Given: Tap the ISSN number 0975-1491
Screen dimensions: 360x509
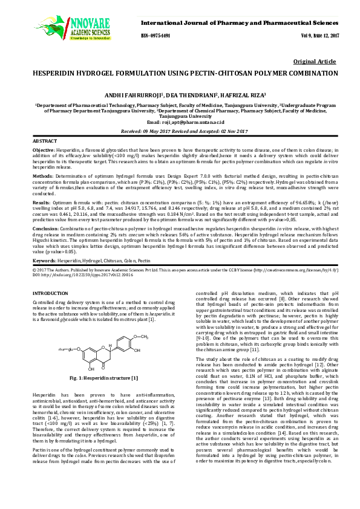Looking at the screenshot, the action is (x=155, y=36).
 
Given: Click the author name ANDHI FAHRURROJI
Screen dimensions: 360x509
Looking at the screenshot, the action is (x=143, y=94).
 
